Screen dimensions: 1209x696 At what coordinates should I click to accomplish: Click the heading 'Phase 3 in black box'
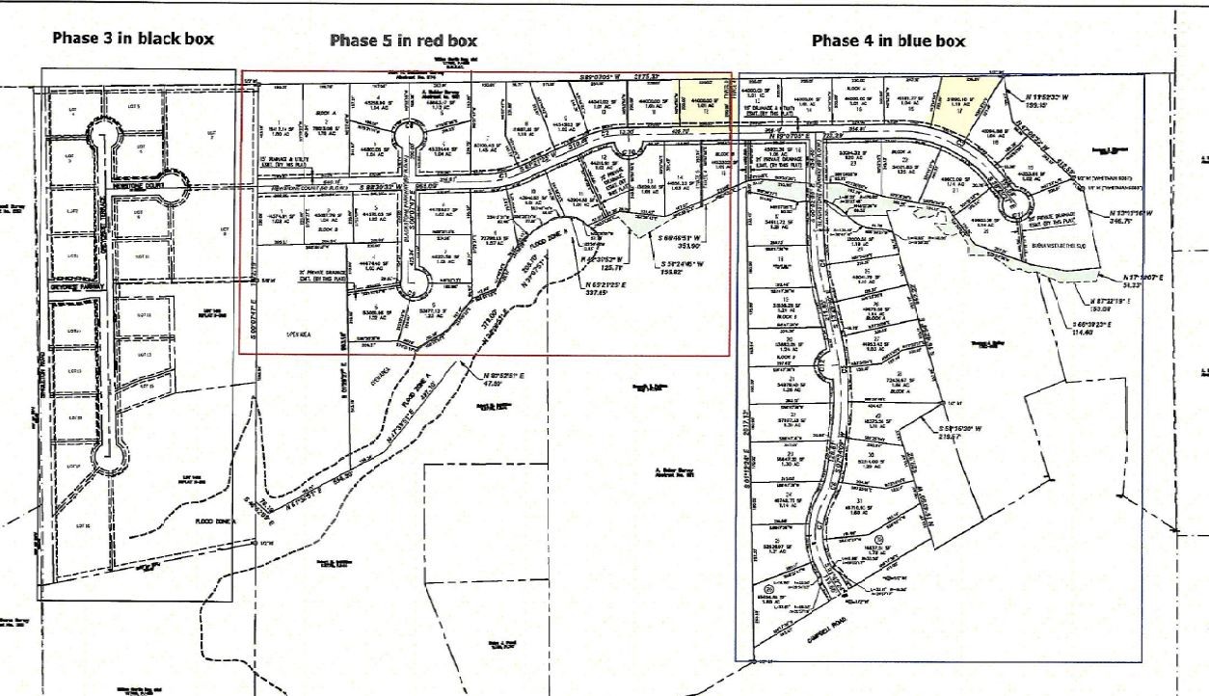point(132,39)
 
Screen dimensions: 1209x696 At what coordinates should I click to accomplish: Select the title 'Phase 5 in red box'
point(403,40)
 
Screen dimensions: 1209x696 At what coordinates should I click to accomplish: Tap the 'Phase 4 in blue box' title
point(888,40)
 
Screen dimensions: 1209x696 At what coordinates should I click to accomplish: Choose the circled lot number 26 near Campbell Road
point(769,588)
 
